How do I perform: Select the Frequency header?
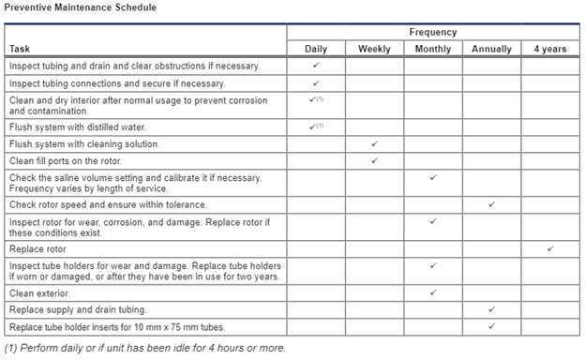coord(432,32)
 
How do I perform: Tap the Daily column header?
coord(316,49)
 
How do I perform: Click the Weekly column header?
coord(374,49)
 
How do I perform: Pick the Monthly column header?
coord(432,49)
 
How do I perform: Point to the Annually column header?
coord(491,49)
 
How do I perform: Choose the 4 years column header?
coord(550,49)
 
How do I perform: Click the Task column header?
coord(21,49)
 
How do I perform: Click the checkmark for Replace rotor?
coord(550,248)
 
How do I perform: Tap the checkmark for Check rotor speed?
coord(491,203)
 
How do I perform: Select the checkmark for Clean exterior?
coord(432,292)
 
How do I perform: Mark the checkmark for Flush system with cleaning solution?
coord(374,143)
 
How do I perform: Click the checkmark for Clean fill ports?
coord(374,160)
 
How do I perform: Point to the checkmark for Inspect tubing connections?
coord(316,83)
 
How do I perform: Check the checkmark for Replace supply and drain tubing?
coord(491,308)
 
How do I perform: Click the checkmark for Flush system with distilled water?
coord(315,127)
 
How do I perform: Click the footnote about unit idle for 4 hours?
coord(144,348)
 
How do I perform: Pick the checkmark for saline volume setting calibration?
coord(432,177)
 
